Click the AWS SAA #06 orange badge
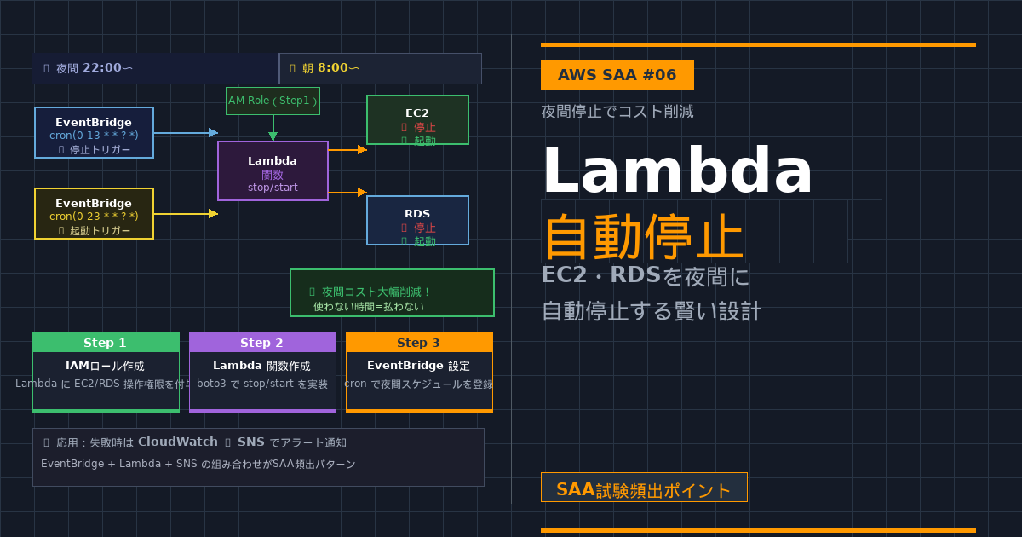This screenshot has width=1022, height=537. pyautogui.click(x=617, y=75)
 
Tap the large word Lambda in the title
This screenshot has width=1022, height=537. pyautogui.click(x=677, y=171)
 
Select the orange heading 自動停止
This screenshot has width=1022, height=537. pyautogui.click(x=643, y=238)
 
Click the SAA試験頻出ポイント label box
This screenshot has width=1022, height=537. pyautogui.click(x=644, y=488)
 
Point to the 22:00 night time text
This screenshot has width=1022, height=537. pyautogui.click(x=101, y=68)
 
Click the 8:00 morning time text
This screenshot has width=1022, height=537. pyautogui.click(x=333, y=68)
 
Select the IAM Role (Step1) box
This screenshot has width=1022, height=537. pyautogui.click(x=273, y=101)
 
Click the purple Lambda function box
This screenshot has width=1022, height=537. pyautogui.click(x=273, y=170)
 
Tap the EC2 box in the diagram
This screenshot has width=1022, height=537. pyautogui.click(x=417, y=119)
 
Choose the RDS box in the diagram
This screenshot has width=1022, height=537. pyautogui.click(x=417, y=220)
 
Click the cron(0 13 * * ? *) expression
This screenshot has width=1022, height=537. pyautogui.click(x=94, y=136)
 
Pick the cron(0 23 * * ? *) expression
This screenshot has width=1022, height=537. pyautogui.click(x=94, y=217)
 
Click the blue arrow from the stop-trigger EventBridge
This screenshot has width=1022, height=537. pyautogui.click(x=186, y=132)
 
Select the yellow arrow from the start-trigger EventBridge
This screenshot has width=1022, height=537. pyautogui.click(x=186, y=213)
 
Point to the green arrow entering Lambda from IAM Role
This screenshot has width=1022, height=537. pyautogui.click(x=273, y=128)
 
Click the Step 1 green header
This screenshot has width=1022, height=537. pyautogui.click(x=106, y=343)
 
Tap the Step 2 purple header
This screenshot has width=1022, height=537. pyautogui.click(x=262, y=343)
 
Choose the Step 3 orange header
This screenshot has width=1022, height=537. pyautogui.click(x=419, y=343)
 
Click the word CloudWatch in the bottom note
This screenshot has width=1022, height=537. pyautogui.click(x=179, y=442)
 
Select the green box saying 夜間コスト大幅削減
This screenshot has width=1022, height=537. pyautogui.click(x=392, y=293)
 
